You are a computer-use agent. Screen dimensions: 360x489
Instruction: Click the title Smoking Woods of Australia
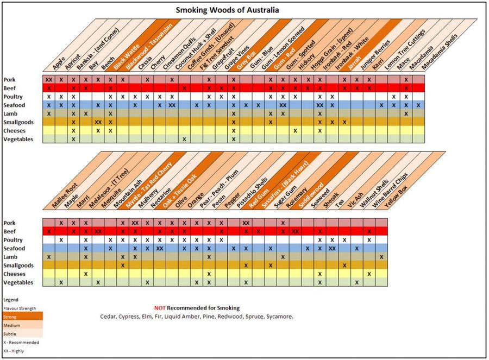(x=228, y=10)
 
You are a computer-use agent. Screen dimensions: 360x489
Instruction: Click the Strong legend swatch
(x=22, y=317)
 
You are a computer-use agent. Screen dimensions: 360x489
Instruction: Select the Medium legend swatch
(x=22, y=325)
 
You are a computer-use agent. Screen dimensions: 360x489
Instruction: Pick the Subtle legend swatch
(x=22, y=333)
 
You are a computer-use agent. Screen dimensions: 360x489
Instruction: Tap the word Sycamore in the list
(x=279, y=317)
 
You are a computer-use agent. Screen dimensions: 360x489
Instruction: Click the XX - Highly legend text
(x=14, y=351)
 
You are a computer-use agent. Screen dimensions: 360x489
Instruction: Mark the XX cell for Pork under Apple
(x=49, y=79)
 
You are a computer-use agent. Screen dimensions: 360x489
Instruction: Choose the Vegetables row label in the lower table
(x=18, y=282)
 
